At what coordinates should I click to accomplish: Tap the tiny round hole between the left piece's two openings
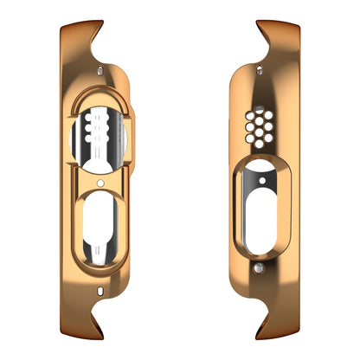coord(102,183)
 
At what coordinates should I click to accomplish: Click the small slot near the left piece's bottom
coord(103,290)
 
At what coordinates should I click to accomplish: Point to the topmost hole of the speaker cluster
coord(258,110)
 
